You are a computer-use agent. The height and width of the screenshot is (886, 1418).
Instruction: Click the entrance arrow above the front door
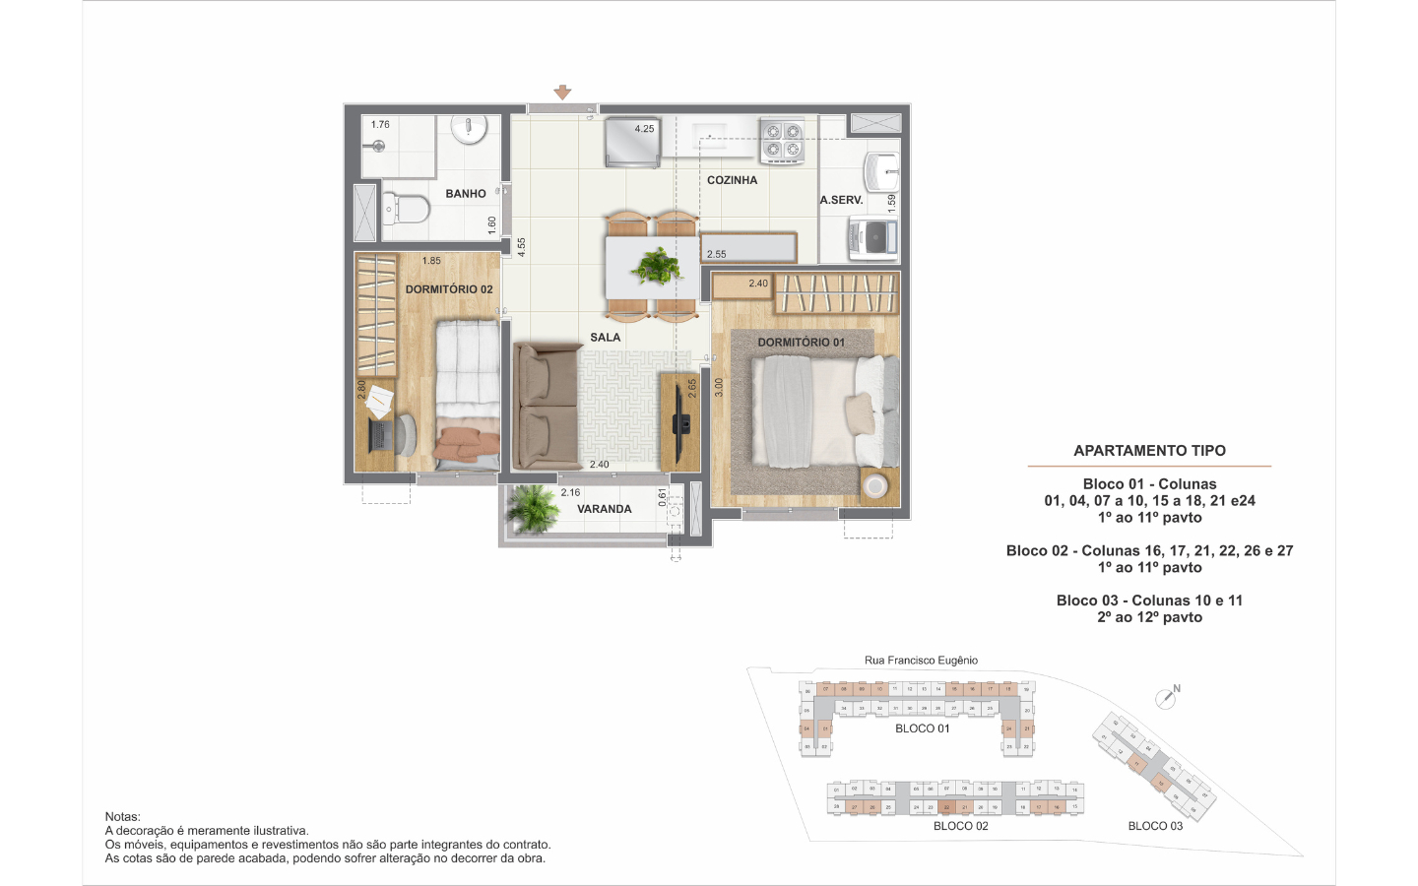pos(562,93)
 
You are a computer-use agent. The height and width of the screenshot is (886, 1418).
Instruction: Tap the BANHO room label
pos(465,194)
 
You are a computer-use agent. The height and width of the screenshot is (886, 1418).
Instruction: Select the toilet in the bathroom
pos(408,209)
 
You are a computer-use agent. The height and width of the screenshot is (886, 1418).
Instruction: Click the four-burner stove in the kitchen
pos(782,140)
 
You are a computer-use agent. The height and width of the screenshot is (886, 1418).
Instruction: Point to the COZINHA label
pos(732,180)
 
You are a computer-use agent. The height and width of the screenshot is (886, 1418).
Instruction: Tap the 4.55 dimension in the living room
pos(522,247)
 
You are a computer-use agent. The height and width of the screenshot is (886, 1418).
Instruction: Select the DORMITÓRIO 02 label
pos(449,289)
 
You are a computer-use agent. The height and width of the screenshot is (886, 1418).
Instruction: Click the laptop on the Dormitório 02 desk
pos(380,433)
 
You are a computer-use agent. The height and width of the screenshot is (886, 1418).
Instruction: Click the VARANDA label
pos(604,509)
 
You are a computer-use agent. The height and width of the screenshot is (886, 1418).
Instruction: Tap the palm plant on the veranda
pos(532,507)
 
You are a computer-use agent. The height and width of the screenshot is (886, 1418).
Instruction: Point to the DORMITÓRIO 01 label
pos(801,343)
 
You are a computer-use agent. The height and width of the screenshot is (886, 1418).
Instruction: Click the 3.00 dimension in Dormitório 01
pos(719,387)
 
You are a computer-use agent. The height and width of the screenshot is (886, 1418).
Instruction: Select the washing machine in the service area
pos(872,237)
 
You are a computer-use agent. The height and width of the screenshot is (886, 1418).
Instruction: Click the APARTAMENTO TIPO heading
pos(1149,451)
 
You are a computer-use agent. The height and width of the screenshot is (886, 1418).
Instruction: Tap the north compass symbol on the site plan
pos(1167,697)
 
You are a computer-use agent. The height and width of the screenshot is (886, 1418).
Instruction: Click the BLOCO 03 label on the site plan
pos(1155,826)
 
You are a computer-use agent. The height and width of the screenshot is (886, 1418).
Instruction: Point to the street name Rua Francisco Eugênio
pos(921,661)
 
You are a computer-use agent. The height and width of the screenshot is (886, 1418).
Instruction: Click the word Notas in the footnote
pos(122,816)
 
